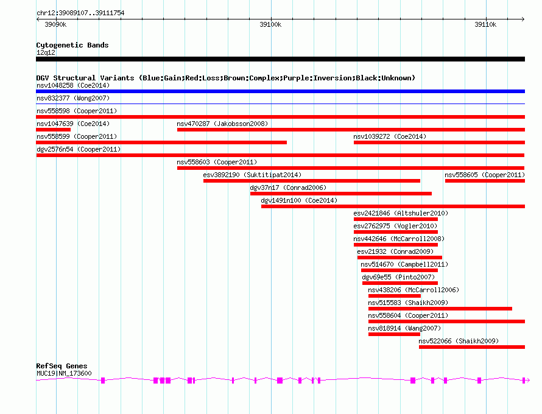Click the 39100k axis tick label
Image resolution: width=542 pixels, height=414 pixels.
[270, 24]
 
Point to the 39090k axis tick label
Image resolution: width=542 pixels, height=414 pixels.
[55, 24]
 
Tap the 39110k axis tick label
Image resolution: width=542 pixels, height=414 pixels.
[485, 24]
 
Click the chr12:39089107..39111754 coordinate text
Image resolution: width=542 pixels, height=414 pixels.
[80, 13]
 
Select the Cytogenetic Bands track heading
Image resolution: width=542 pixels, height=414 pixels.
[72, 45]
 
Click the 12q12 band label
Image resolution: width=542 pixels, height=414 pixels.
[46, 52]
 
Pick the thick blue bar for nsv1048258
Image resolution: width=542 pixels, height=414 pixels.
[280, 91]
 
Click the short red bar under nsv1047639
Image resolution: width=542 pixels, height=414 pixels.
[53, 130]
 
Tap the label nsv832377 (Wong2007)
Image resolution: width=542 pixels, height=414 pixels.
[73, 98]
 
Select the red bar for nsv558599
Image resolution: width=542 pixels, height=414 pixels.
[161, 142]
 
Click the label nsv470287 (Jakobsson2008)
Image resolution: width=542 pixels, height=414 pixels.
[222, 124]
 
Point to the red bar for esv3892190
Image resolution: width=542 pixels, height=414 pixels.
[312, 181]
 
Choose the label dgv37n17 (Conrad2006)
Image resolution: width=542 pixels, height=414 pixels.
[288, 188]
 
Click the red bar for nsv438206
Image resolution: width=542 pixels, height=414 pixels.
[395, 296]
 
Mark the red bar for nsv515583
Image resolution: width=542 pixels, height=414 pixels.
[440, 309]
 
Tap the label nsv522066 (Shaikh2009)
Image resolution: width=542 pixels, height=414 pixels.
[459, 341]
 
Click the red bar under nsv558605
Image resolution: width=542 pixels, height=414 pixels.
[485, 181]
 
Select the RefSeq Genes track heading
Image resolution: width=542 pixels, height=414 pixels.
[62, 366]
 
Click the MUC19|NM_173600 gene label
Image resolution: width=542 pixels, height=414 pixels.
[64, 373]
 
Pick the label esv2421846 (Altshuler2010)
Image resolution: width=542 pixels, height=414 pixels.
[401, 213]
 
